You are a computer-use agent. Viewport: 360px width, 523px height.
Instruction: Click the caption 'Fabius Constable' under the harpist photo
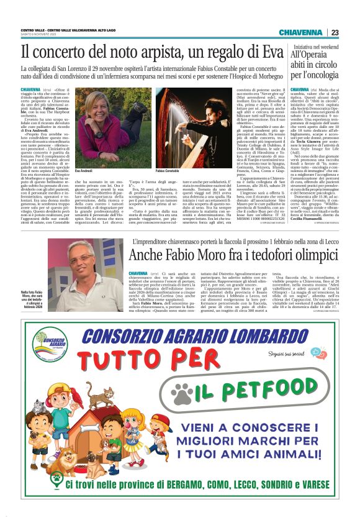click(168, 170)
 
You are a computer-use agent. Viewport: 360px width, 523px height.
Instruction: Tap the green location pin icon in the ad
click(44, 500)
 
